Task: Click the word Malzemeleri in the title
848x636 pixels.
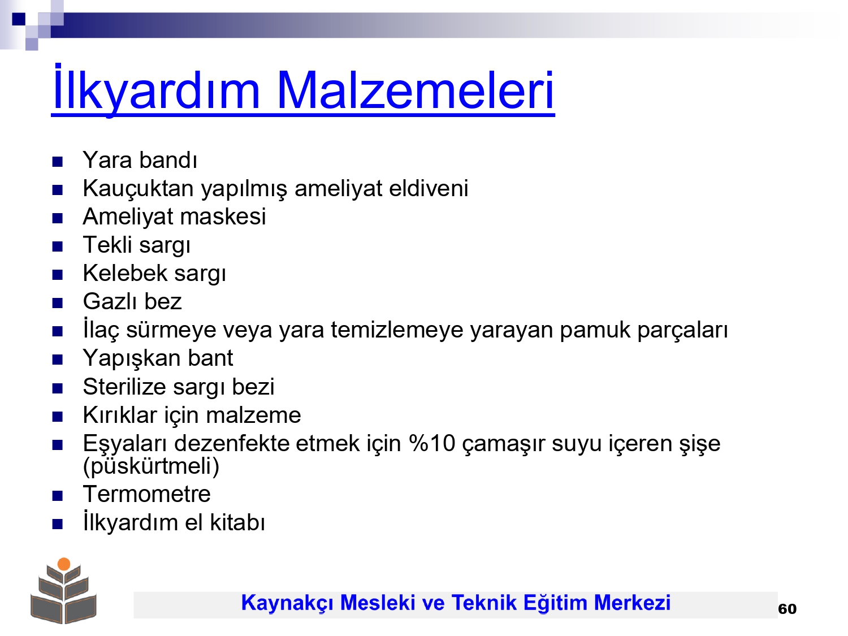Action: tap(416, 91)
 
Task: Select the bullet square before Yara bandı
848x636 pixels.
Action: tap(57, 162)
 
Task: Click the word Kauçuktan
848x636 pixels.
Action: tap(139, 189)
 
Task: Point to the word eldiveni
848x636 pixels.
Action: tap(429, 188)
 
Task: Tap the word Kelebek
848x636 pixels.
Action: tap(125, 273)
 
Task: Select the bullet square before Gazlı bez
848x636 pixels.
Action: tap(57, 303)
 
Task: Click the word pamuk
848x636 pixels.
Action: tap(595, 331)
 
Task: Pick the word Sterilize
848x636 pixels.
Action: tap(124, 386)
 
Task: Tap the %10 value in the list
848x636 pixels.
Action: tap(432, 443)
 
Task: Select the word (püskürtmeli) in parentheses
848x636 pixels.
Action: tap(151, 466)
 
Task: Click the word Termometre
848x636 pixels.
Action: tap(147, 494)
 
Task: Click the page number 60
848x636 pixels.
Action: tap(788, 609)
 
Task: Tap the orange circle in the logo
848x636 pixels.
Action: tap(64, 564)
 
